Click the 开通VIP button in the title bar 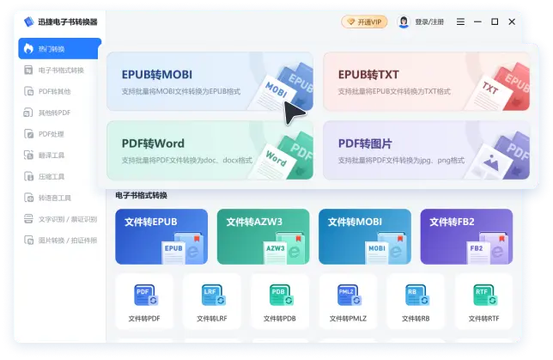click(365, 21)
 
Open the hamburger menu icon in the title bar click(461, 21)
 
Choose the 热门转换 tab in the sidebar click(60, 49)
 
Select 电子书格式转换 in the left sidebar click(60, 70)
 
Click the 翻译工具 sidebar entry click(53, 156)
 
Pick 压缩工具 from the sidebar click(53, 177)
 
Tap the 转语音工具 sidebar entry click(56, 198)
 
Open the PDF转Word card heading click(153, 143)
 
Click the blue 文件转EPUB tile click(161, 236)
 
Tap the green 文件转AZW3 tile click(263, 236)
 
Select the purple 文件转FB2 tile click(466, 236)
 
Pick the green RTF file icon click(483, 295)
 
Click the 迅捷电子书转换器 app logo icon click(28, 21)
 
